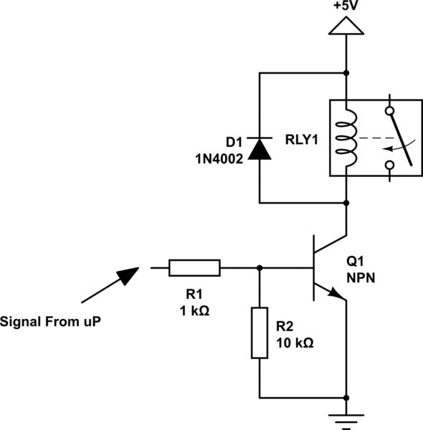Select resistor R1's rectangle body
click(x=194, y=268)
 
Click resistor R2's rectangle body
click(x=260, y=333)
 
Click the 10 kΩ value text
click(x=295, y=343)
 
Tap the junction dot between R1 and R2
click(x=260, y=268)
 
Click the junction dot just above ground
click(x=348, y=398)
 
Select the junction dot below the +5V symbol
click(x=348, y=73)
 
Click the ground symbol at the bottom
click(x=348, y=419)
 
